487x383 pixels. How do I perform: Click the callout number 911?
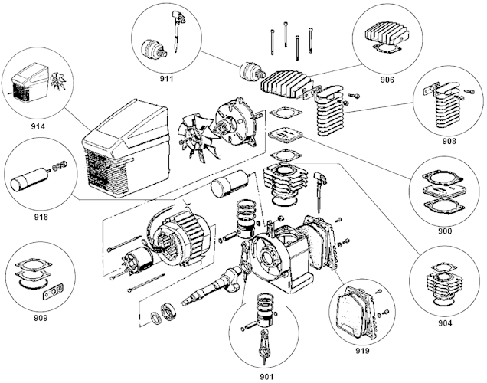pyautogui.click(x=166, y=79)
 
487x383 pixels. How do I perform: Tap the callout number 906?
pyautogui.click(x=387, y=80)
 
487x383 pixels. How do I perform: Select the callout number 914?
pyautogui.click(x=38, y=126)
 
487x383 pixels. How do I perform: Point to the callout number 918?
pyautogui.click(x=41, y=217)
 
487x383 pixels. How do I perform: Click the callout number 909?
pyautogui.click(x=41, y=318)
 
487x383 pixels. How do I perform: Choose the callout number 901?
pyautogui.click(x=266, y=377)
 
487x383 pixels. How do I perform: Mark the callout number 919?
pyautogui.click(x=362, y=351)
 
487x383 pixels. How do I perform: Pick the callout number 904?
pyautogui.click(x=445, y=323)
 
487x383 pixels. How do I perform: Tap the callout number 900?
pyautogui.click(x=445, y=231)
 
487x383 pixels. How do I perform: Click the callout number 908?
pyautogui.click(x=449, y=141)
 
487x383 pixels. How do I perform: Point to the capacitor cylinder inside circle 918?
pyautogui.click(x=30, y=179)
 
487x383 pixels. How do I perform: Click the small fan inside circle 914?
pyautogui.click(x=57, y=81)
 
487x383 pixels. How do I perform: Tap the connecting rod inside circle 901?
pyautogui.click(x=263, y=345)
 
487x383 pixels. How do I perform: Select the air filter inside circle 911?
pyautogui.click(x=154, y=49)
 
